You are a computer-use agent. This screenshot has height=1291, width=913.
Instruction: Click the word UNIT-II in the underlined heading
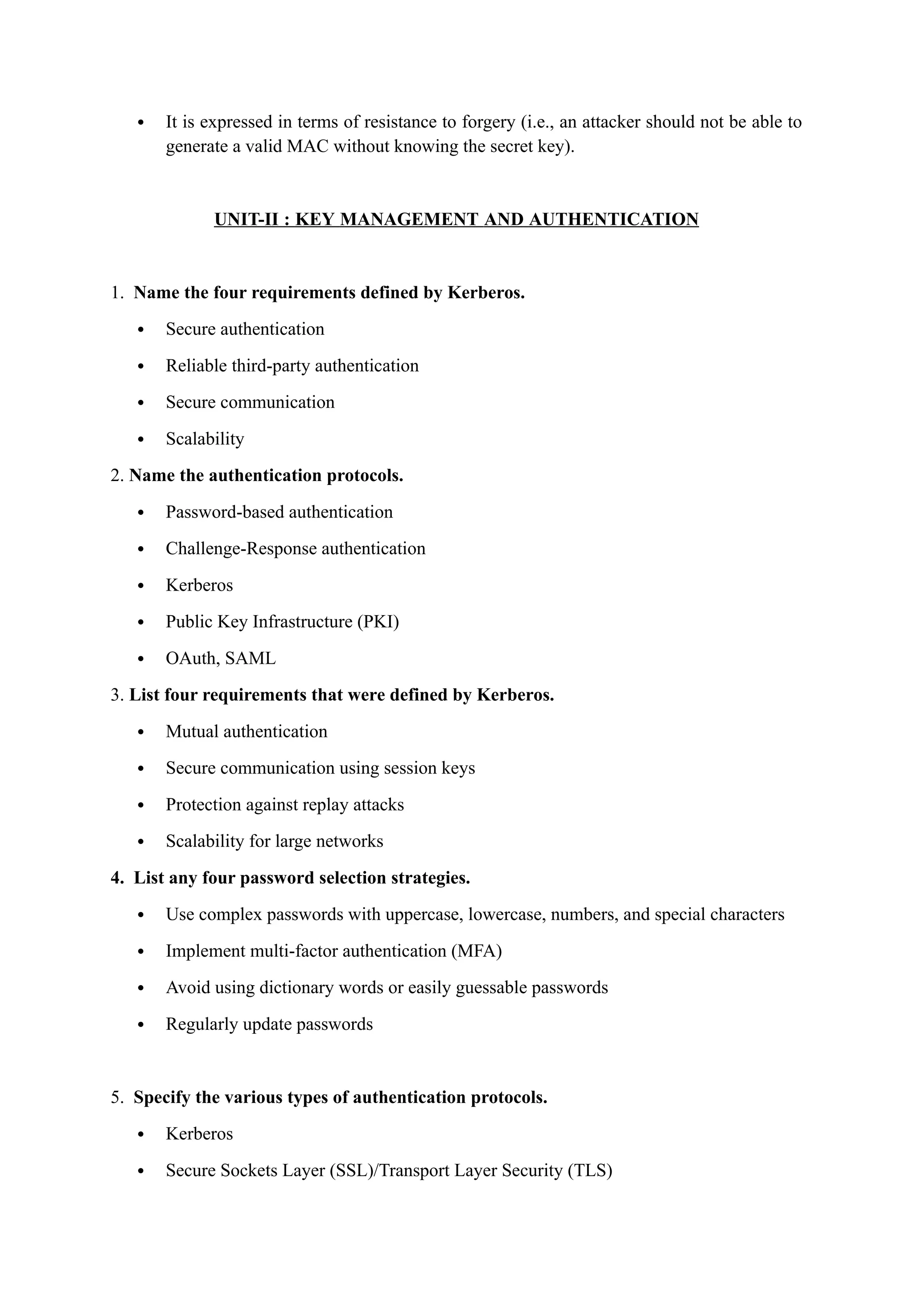pos(246,219)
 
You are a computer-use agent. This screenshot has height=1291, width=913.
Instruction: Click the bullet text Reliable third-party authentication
pos(292,366)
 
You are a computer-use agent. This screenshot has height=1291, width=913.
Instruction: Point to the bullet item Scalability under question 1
pos(205,439)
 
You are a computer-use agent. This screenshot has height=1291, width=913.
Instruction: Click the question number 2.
pos(116,476)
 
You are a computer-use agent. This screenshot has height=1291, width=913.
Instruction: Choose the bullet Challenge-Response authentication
pos(295,549)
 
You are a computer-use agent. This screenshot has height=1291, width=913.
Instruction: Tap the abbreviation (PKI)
pos(378,622)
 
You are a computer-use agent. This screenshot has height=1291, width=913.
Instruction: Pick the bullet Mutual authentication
pos(246,732)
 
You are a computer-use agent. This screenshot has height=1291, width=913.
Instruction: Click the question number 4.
pos(116,878)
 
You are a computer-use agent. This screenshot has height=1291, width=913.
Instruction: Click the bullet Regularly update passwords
pos(269,1024)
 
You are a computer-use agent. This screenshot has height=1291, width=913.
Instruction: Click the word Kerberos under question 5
pos(199,1134)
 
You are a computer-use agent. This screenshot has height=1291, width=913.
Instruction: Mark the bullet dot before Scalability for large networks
pos(141,842)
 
